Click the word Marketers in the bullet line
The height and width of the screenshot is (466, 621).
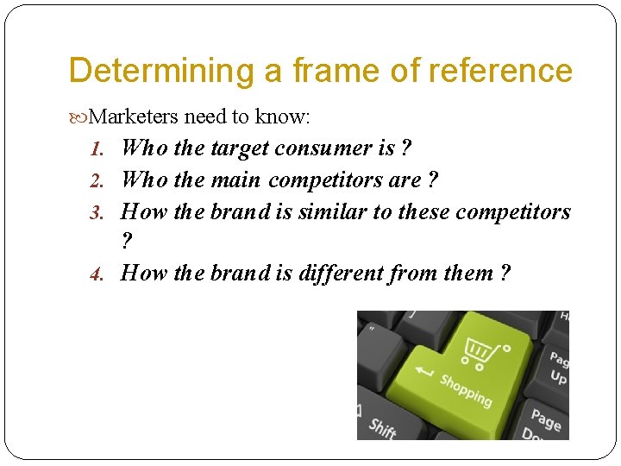pyautogui.click(x=134, y=116)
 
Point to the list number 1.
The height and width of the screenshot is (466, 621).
pyautogui.click(x=97, y=149)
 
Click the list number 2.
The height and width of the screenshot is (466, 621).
pyautogui.click(x=97, y=181)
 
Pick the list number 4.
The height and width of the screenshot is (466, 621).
pyautogui.click(x=97, y=274)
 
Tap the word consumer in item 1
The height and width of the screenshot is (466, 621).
pyautogui.click(x=323, y=148)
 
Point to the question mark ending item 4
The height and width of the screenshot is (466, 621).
pyautogui.click(x=504, y=274)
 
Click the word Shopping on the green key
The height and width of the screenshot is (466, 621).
pyautogui.click(x=466, y=390)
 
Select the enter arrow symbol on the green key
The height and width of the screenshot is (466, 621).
pyautogui.click(x=424, y=372)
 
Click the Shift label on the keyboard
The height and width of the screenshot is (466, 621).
pyautogui.click(x=382, y=426)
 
